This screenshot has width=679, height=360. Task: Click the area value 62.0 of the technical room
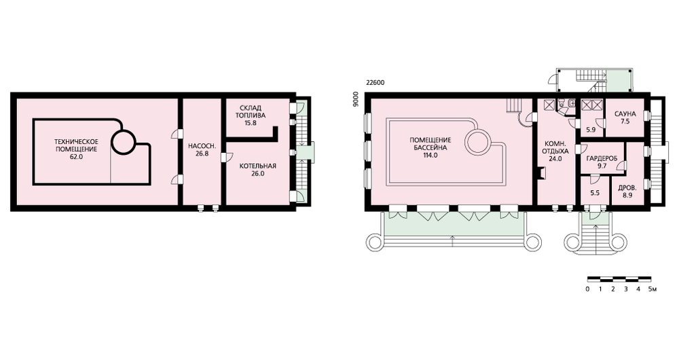click(x=76, y=158)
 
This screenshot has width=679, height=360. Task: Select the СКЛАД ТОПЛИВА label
click(x=251, y=112)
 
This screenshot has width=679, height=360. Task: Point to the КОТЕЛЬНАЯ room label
click(x=257, y=166)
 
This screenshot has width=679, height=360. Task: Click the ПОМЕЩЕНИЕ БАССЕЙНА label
click(x=430, y=144)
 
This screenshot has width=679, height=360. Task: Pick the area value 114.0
click(x=430, y=155)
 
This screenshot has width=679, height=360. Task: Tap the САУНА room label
click(x=625, y=114)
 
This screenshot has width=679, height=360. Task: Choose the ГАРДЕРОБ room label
click(x=602, y=158)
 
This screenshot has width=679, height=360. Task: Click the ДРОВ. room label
click(x=627, y=188)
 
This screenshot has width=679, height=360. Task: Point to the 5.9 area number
click(x=591, y=129)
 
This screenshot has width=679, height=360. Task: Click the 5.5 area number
click(x=595, y=193)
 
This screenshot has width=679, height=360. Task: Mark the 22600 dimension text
click(x=375, y=83)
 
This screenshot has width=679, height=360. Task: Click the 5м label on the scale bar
click(x=652, y=289)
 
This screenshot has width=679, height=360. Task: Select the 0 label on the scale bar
click(x=587, y=289)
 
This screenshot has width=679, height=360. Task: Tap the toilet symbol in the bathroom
click(x=562, y=103)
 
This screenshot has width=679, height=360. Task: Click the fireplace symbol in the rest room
click(x=541, y=173)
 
